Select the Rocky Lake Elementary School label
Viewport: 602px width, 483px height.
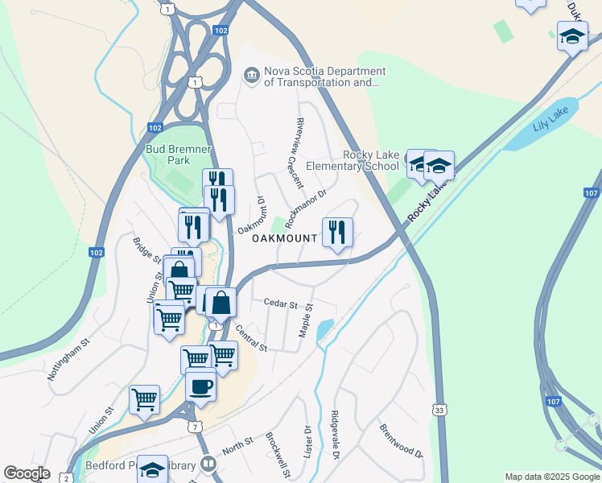(x=371, y=160)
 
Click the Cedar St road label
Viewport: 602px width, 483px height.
(x=281, y=304)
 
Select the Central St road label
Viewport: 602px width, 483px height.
(x=251, y=337)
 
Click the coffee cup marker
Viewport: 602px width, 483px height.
(x=200, y=385)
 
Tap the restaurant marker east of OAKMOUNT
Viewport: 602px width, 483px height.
(x=337, y=232)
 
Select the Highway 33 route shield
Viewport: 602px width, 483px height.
(x=439, y=410)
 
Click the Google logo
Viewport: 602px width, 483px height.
(x=27, y=473)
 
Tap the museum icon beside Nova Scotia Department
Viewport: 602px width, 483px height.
(x=252, y=76)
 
